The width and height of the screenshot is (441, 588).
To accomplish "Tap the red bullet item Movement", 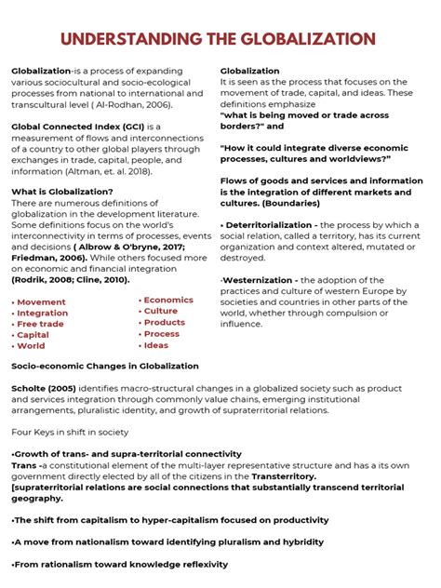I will (x=42, y=302).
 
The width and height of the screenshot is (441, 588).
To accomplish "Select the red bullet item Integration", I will (x=43, y=314).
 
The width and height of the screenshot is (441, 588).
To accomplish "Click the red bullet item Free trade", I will (x=40, y=325).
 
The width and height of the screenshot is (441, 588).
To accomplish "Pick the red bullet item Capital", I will (x=33, y=335).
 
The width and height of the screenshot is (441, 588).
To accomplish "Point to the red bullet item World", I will (x=31, y=346).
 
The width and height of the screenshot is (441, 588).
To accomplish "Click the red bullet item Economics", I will (x=168, y=301).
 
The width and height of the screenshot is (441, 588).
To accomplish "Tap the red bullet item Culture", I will (x=161, y=312).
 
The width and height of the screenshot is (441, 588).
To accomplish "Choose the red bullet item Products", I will (x=165, y=323).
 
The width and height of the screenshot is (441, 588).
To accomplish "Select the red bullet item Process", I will (x=162, y=334).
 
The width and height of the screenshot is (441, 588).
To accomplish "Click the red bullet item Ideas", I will (x=156, y=345).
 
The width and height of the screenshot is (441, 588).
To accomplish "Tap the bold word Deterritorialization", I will (x=269, y=225).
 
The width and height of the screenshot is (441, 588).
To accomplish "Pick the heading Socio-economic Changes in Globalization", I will (x=104, y=367).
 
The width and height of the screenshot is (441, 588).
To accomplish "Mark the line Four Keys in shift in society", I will (x=70, y=432).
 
